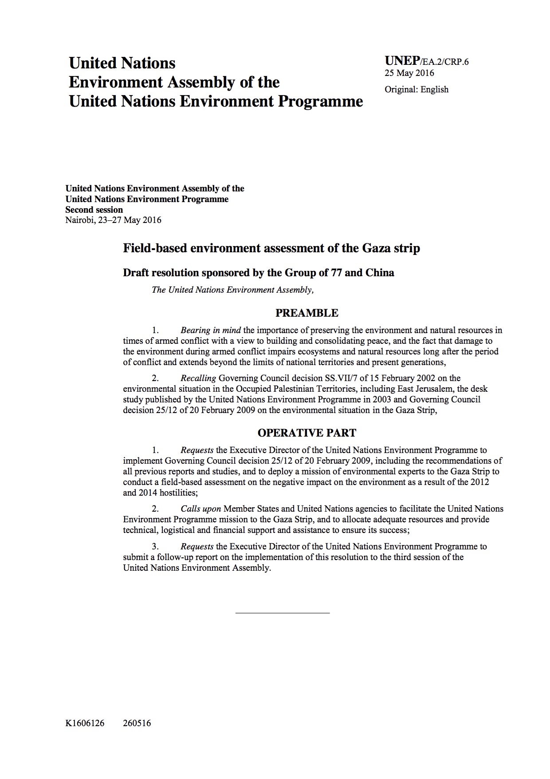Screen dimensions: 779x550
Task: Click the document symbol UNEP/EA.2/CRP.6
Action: tap(426, 61)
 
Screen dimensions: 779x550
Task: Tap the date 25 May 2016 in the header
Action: tap(409, 73)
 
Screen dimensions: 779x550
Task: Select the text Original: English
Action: tap(416, 90)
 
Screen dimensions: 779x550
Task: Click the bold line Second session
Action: tap(94, 210)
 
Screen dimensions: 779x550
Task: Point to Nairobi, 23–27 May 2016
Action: tap(113, 220)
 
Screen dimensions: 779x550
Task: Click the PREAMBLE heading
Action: tap(306, 313)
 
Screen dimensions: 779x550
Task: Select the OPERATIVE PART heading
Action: tap(306, 433)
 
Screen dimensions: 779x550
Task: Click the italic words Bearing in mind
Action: tap(211, 330)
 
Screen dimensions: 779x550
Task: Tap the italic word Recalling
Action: tap(198, 378)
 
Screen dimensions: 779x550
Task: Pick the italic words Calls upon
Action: tap(201, 509)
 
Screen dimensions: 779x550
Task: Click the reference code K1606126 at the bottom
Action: tap(85, 723)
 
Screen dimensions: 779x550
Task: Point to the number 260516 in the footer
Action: tap(137, 723)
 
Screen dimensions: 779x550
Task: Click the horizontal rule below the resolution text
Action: tap(283, 613)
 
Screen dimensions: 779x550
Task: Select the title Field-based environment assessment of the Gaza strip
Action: tap(271, 248)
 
